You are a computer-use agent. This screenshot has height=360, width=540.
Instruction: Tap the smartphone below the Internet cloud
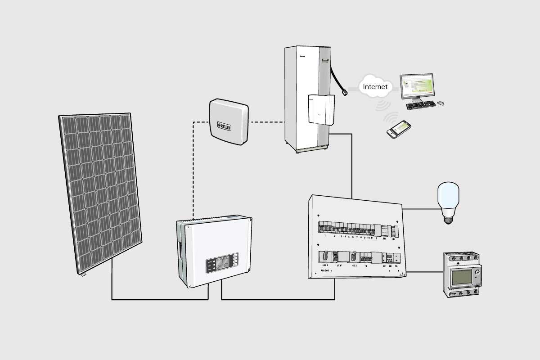coord(399,129)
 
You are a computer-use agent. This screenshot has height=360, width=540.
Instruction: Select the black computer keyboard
coord(421,105)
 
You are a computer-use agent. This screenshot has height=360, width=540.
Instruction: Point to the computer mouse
coord(441,103)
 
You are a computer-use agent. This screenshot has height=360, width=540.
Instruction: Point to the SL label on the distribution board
coord(396,266)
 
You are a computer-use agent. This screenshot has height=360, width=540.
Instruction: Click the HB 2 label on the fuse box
coord(354,266)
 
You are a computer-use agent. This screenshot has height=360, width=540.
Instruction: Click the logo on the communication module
coord(228,125)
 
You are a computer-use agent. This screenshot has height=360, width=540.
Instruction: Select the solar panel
coord(100,193)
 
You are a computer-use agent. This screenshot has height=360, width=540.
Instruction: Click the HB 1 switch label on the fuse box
coord(325,265)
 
